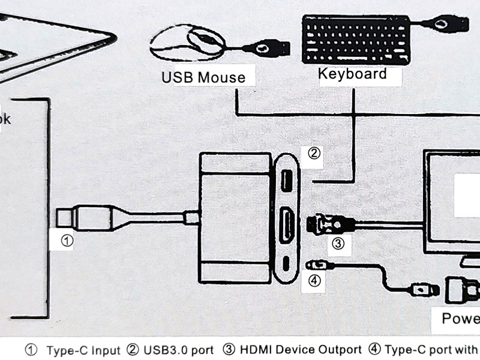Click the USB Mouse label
(x=203, y=77)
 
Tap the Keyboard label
(x=352, y=74)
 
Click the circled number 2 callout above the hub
(x=314, y=153)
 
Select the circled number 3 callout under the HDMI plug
(x=338, y=244)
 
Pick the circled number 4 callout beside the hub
(x=314, y=280)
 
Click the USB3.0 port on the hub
(x=287, y=179)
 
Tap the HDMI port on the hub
(x=287, y=224)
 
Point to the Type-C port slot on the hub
(x=287, y=264)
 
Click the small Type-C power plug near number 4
(x=314, y=264)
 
